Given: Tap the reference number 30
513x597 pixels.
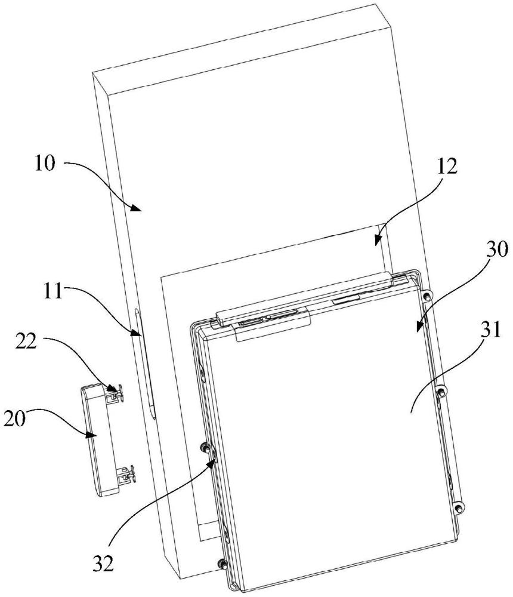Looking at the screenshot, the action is [497, 250].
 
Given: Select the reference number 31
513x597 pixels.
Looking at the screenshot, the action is [490, 330].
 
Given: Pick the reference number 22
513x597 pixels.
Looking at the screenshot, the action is [26, 341].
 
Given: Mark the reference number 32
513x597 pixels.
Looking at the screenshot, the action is [103, 563].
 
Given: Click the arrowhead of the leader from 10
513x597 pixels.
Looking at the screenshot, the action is [137, 207].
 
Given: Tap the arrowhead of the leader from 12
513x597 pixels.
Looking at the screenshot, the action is [378, 239].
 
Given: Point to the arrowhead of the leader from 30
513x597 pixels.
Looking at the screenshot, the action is [419, 327].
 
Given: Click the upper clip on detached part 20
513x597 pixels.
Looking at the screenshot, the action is [116, 393].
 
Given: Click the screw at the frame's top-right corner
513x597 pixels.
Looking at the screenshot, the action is [428, 296].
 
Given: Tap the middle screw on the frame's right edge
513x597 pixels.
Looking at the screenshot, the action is [441, 390].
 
